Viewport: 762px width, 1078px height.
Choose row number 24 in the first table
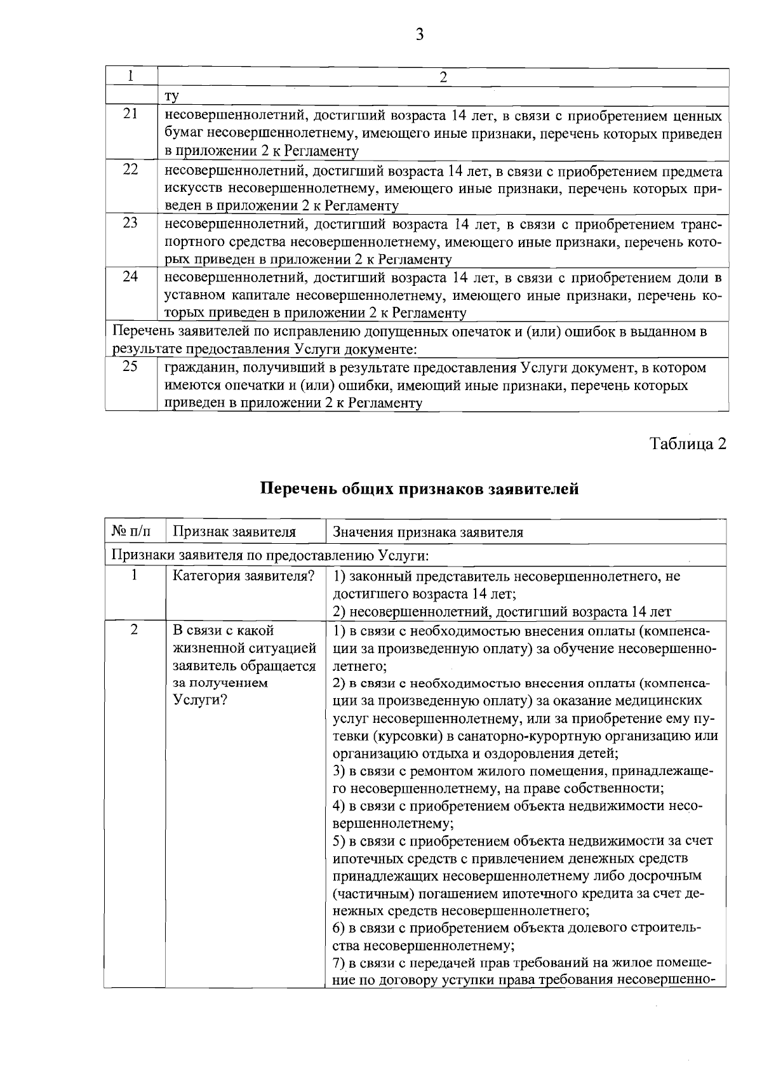(130, 277)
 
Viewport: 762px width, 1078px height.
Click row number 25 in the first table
(130, 367)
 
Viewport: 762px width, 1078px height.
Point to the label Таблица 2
(688, 444)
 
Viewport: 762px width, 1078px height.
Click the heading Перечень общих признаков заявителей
(419, 489)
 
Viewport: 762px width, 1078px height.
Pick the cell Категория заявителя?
(244, 576)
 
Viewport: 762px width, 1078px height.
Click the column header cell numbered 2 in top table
(443, 77)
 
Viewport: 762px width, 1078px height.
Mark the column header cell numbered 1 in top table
(130, 76)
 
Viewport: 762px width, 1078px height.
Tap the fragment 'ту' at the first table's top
(171, 96)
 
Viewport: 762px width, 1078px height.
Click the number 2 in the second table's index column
(134, 630)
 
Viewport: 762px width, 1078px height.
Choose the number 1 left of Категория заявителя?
(134, 576)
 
